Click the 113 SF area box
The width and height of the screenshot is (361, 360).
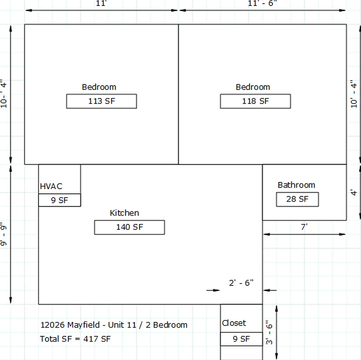[x=102, y=101]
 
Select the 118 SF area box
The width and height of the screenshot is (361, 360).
[x=255, y=101]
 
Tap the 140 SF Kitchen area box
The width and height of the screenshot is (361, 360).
[x=130, y=227]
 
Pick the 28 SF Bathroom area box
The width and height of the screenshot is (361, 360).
[x=298, y=199]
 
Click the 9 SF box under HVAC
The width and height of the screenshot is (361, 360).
[x=60, y=200]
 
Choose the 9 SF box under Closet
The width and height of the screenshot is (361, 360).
[x=241, y=339]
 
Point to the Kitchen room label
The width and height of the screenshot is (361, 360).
[x=124, y=213]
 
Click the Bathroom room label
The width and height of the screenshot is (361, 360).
[x=296, y=185]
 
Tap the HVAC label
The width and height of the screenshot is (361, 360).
[x=51, y=186]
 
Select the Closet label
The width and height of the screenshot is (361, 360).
[x=234, y=323]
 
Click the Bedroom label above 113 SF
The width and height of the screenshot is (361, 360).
[x=99, y=87]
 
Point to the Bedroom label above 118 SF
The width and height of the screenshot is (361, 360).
[x=253, y=87]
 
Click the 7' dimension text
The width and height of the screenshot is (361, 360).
[x=304, y=227]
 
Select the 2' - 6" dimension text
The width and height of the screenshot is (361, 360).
[x=241, y=282]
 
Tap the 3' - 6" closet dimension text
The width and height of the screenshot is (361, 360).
[x=269, y=332]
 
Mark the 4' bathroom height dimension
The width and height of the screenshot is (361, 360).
[x=354, y=192]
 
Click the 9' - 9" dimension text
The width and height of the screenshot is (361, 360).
[x=3, y=234]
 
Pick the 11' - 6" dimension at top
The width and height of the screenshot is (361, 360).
[x=262, y=3]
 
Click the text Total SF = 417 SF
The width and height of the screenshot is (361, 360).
[x=75, y=339]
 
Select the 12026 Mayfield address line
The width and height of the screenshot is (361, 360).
[x=114, y=325]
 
